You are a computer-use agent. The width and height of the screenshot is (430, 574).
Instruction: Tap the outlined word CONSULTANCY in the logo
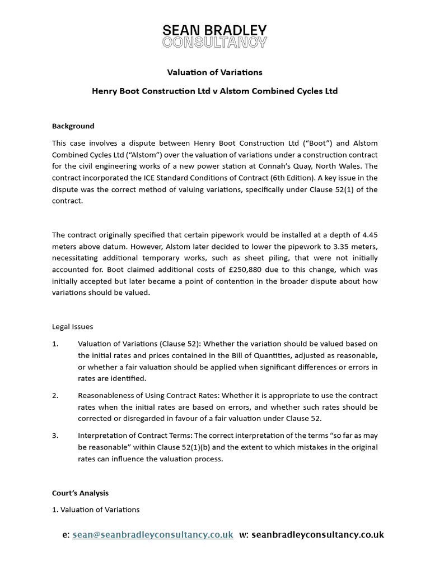(x=214, y=42)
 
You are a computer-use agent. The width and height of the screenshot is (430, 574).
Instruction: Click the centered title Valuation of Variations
(x=215, y=72)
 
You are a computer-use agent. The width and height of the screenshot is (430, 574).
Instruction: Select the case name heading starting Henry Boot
(x=215, y=91)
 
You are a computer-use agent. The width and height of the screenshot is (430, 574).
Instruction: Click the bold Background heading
(x=73, y=126)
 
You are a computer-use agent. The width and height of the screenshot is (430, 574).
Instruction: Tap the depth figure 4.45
(x=366, y=234)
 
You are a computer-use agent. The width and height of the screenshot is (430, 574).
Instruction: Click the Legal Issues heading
(x=72, y=326)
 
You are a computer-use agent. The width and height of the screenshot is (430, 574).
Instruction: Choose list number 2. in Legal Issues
(x=55, y=396)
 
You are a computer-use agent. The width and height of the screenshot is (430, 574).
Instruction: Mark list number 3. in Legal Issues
(x=55, y=435)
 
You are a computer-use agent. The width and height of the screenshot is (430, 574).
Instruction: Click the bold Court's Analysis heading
(x=80, y=493)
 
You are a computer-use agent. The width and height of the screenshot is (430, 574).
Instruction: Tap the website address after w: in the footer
(x=317, y=535)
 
